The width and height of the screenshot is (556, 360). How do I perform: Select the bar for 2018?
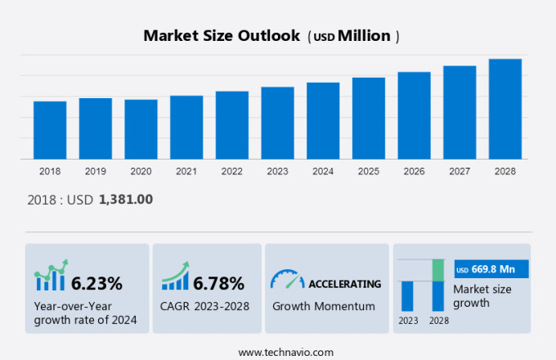pyautogui.click(x=50, y=130)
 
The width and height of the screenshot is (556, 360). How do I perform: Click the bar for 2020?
pyautogui.click(x=141, y=129)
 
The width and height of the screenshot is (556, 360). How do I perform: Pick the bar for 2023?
pyautogui.click(x=278, y=123)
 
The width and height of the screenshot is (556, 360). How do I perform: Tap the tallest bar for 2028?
pyautogui.click(x=505, y=109)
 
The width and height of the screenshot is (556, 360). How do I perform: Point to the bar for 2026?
pyautogui.click(x=415, y=115)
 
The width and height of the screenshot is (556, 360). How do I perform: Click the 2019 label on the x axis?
pyautogui.click(x=96, y=171)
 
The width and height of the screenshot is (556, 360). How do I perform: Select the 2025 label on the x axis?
pyautogui.click(x=369, y=171)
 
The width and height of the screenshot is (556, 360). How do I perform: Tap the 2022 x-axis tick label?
pyautogui.click(x=232, y=171)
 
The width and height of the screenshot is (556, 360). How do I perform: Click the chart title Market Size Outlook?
pyautogui.click(x=221, y=36)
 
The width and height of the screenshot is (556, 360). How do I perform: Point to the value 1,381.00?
pyautogui.click(x=126, y=199)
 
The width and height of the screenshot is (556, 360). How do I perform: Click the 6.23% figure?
pyautogui.click(x=96, y=284)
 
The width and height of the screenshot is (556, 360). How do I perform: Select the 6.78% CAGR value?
pyautogui.click(x=218, y=284)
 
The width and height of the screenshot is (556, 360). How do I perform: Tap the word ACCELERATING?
pyautogui.click(x=344, y=284)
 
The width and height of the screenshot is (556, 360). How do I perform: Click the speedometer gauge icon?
pyautogui.click(x=287, y=280)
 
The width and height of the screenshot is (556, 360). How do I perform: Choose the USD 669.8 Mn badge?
pyautogui.click(x=491, y=269)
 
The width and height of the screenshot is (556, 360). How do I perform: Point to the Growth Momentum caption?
pyautogui.click(x=323, y=306)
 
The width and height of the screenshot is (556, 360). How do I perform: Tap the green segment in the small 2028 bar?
pyautogui.click(x=438, y=270)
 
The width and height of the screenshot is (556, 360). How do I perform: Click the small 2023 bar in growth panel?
pyautogui.click(x=407, y=295)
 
